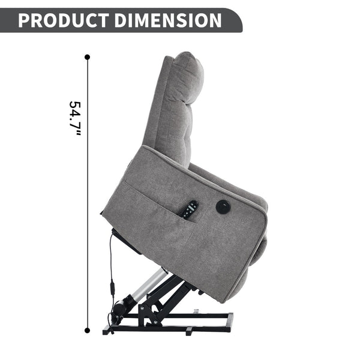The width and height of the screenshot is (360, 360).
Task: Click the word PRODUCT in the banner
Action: pyautogui.click(x=64, y=20)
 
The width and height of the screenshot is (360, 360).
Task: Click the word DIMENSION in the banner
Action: pyautogui.click(x=168, y=20)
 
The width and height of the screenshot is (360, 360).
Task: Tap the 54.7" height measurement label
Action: pyautogui.click(x=75, y=119)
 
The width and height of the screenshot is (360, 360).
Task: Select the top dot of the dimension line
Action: pyautogui.click(x=87, y=57)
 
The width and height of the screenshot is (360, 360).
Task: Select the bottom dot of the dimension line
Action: pyautogui.click(x=87, y=331)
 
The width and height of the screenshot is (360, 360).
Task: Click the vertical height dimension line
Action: pyautogui.click(x=87, y=194)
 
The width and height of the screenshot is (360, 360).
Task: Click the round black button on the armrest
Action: pyautogui.click(x=223, y=206)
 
